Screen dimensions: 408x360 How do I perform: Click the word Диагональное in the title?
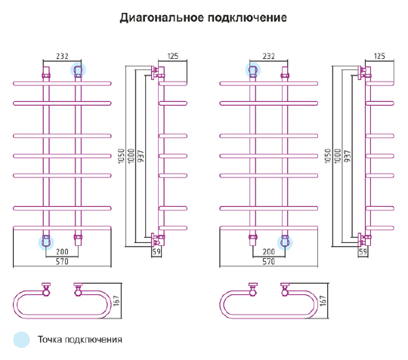tap(162, 18)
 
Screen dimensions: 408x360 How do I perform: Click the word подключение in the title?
tap(247, 18)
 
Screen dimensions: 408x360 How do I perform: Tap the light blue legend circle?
tap(22, 340)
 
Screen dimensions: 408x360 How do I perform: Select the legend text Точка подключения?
tap(80, 340)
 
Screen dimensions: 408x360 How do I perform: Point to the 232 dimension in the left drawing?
tap(62, 56)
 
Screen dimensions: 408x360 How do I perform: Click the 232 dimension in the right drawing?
tap(268, 56)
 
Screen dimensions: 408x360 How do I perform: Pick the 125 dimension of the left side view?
tap(173, 56)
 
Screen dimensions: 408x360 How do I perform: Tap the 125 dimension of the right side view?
tap(379, 56)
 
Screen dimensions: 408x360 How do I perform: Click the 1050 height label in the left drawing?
tap(122, 156)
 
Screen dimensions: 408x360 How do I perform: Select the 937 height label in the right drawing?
tap(348, 156)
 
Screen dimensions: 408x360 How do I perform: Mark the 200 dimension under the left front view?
tap(62, 251)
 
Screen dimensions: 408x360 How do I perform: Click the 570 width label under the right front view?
tap(268, 261)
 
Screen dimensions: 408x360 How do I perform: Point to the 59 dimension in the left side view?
tap(156, 251)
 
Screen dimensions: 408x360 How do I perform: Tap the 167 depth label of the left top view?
tap(116, 300)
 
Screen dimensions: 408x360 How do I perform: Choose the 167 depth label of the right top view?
tap(323, 300)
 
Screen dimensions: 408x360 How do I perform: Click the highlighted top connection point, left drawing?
tap(78, 70)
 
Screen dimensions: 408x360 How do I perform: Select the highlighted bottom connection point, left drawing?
tap(46, 242)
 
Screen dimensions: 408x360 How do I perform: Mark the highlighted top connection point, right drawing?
tap(252, 70)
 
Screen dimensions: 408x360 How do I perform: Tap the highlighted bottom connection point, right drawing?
tap(285, 242)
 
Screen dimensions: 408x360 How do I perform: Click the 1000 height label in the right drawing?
tap(338, 156)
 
